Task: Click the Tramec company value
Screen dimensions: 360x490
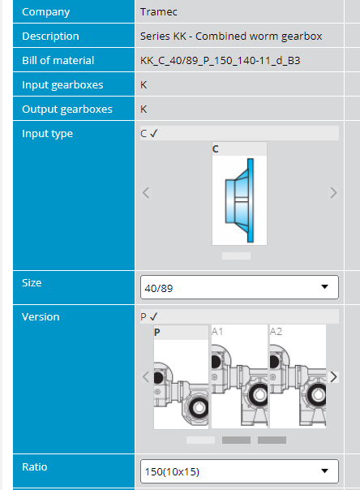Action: (159, 12)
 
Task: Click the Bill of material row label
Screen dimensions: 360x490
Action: (58, 60)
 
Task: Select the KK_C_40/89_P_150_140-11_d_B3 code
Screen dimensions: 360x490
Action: (220, 60)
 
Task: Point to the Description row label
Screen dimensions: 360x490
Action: (50, 37)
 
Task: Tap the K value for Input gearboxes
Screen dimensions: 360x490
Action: (144, 84)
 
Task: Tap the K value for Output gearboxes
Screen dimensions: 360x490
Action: (144, 109)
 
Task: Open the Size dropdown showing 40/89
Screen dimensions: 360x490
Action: (239, 287)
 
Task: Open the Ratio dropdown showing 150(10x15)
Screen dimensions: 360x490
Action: (239, 471)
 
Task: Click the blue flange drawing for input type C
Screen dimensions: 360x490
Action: (239, 200)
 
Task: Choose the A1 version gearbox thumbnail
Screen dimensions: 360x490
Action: (239, 376)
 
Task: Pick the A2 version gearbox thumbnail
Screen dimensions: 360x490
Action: (298, 376)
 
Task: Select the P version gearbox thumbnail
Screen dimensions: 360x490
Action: (181, 377)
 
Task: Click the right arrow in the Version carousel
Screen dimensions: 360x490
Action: (333, 377)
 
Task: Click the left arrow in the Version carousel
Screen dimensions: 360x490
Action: (146, 377)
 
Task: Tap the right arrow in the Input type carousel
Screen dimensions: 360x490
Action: (333, 193)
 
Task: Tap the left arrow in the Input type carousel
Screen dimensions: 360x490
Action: (146, 193)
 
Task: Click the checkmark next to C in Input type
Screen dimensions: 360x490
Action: (153, 133)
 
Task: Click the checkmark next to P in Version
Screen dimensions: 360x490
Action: (153, 317)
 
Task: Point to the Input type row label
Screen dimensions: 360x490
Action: (48, 134)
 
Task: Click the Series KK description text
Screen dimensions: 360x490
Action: (231, 37)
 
